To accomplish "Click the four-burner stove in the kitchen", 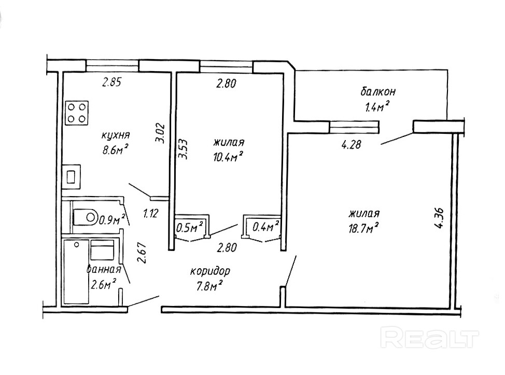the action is point(77,113).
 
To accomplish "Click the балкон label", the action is point(378,92).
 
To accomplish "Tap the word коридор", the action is point(210,271).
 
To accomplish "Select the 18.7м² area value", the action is point(365,227).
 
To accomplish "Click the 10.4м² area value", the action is point(228,156).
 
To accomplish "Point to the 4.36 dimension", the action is point(440,218).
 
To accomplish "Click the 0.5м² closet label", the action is point(190,227).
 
